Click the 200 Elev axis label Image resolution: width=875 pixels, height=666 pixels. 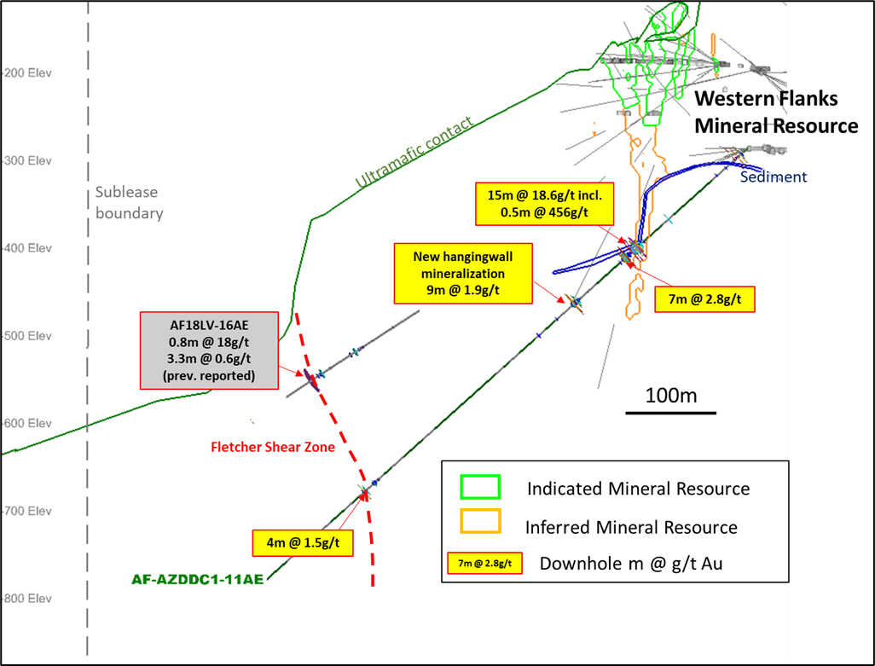(28, 73)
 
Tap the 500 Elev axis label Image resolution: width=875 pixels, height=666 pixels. (28, 336)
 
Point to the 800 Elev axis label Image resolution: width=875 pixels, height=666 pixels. (28, 599)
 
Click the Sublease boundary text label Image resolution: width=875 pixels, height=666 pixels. (130, 202)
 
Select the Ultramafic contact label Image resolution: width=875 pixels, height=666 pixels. (414, 152)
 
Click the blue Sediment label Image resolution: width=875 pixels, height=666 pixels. (774, 177)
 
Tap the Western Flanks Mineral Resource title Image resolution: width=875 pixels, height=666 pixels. (776, 112)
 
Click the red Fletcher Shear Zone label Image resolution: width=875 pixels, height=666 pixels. (273, 447)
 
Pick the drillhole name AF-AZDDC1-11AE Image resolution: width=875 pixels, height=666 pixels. (198, 580)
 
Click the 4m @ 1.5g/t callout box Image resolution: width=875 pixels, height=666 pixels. (303, 542)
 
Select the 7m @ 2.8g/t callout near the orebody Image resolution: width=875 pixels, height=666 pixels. (704, 299)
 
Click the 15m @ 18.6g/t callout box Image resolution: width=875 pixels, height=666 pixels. (545, 204)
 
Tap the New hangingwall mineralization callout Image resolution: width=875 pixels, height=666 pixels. (463, 274)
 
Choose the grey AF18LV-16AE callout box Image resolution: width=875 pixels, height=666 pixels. (209, 350)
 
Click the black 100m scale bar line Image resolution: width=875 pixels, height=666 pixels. (671, 413)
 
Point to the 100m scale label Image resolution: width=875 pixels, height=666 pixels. (671, 396)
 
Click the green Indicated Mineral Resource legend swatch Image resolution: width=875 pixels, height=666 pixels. (480, 487)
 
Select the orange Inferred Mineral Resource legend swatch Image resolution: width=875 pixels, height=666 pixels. (480, 522)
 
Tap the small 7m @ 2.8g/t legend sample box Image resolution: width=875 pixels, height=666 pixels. (485, 564)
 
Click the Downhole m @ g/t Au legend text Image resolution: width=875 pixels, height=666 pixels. (631, 564)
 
